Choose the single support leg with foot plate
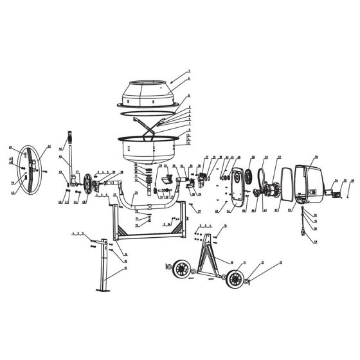click(103, 271)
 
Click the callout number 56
click(316, 157)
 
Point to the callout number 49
click(11, 147)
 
